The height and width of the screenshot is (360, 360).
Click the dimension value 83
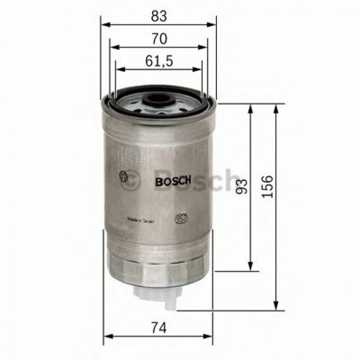pyautogui.click(x=159, y=16)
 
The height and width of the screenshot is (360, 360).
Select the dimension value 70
pyautogui.click(x=159, y=39)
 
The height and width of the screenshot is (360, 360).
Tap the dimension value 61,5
pyautogui.click(x=159, y=61)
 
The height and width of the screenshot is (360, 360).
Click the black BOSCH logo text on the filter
pyautogui.click(x=173, y=181)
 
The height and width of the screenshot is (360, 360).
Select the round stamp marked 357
pyautogui.click(x=180, y=219)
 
